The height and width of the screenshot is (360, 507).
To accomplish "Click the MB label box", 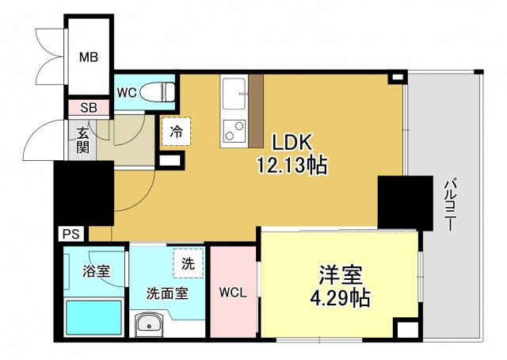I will pos(87,57).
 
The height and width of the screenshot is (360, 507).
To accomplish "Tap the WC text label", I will pos(128,93).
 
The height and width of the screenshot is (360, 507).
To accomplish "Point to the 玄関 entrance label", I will pos(82,140).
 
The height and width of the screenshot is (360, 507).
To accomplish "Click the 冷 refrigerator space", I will pos(176,132).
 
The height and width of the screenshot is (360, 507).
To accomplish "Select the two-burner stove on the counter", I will pos(234,132).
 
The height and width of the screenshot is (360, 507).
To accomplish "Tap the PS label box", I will pos(70,234).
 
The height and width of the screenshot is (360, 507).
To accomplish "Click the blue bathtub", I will pos(93,317).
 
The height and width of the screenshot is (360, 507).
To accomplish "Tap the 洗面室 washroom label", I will pos(166,293).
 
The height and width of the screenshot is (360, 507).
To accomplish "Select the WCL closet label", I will pos(233,292).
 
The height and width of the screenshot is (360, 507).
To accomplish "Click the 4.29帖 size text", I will pos(341,300).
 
